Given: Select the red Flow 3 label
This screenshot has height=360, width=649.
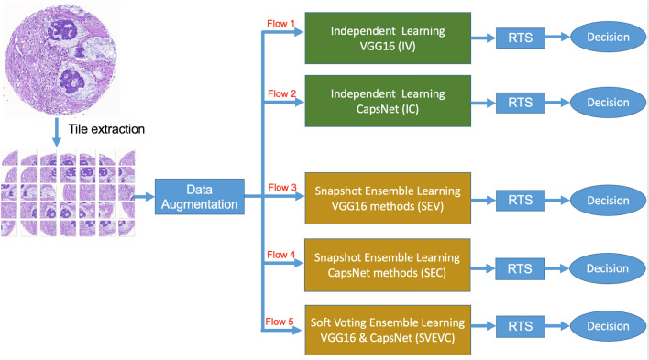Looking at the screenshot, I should click(280, 187).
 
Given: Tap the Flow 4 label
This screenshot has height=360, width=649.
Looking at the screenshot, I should click(280, 255).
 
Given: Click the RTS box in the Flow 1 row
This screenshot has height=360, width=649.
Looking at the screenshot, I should click(521, 38).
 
